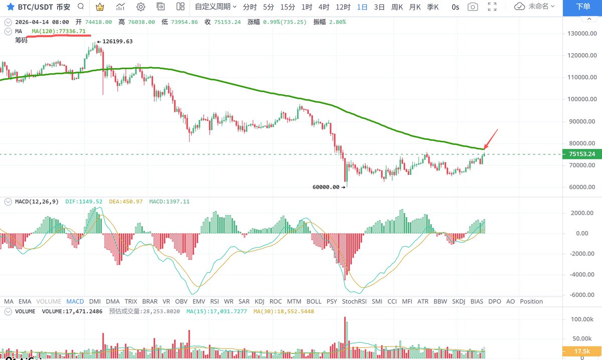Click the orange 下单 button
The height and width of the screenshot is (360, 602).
click(582, 7)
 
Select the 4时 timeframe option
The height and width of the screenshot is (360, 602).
click(324, 7)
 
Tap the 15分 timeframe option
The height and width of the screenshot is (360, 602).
click(287, 7)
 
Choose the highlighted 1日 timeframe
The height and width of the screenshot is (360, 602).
click(362, 7)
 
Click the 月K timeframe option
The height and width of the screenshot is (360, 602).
click(414, 7)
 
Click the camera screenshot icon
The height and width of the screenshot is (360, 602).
click(472, 7)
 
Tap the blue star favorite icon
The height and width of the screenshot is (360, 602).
click(10, 7)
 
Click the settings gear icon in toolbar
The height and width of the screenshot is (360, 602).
click(140, 7)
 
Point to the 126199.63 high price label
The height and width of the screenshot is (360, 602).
click(117, 42)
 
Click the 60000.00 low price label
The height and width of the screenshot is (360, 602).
click(326, 187)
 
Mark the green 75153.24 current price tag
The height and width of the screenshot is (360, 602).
click(582, 154)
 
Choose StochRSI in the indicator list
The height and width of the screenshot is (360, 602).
click(355, 301)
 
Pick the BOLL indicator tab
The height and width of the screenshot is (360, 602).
click(314, 301)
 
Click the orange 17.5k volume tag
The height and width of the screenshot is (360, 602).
click(582, 351)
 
